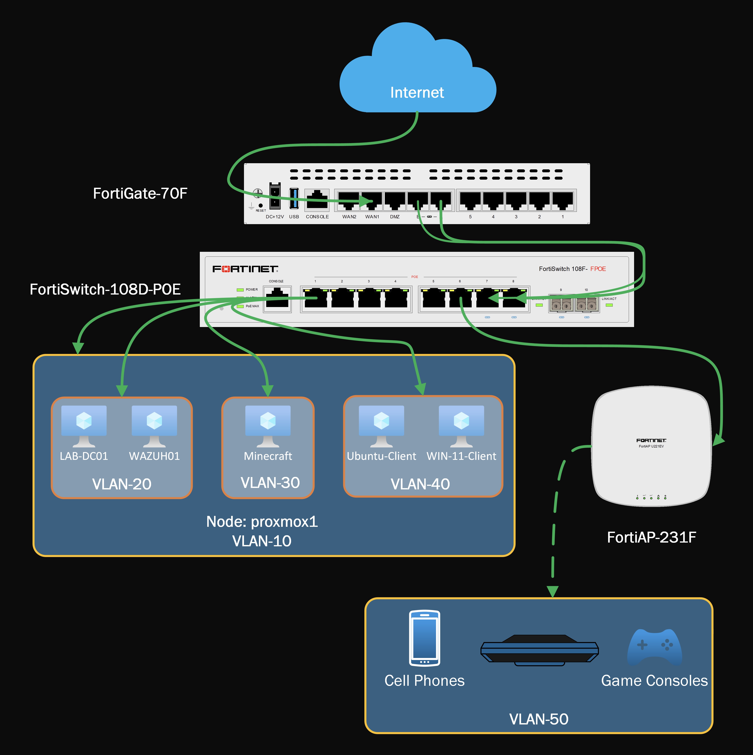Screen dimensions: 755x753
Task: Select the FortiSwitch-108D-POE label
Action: click(x=105, y=289)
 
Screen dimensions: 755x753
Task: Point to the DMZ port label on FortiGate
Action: click(x=395, y=217)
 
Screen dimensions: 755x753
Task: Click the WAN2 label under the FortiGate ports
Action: click(x=349, y=217)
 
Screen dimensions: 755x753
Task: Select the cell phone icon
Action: click(x=425, y=638)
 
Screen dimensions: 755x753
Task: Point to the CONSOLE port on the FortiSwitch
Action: click(x=277, y=299)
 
